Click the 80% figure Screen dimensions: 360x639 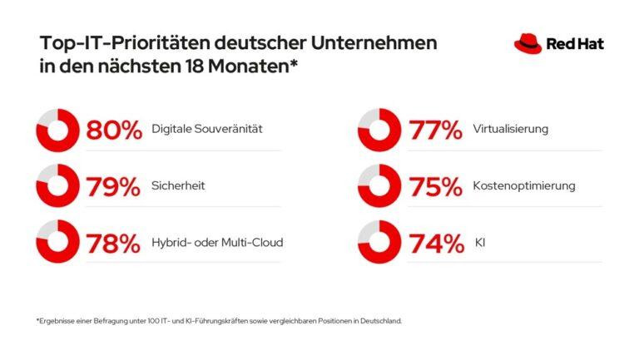click(115, 131)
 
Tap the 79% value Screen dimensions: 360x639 click(115, 187)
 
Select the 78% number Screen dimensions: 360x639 click(115, 244)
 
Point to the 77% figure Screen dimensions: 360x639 click(435, 131)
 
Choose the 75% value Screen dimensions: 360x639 click(435, 187)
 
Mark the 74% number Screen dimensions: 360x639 click(435, 244)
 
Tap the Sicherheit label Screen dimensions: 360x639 click(178, 187)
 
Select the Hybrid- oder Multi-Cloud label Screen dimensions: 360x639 click(217, 244)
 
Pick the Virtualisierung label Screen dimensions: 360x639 click(510, 131)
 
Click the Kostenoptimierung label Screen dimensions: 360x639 click(523, 187)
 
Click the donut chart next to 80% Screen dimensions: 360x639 click(57, 131)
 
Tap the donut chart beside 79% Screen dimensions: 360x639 click(57, 187)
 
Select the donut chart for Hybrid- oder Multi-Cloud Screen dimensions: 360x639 click(57, 244)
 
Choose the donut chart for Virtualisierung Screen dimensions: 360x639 click(379, 131)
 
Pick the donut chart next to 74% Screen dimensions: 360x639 click(379, 244)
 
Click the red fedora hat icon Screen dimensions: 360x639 click(528, 44)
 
